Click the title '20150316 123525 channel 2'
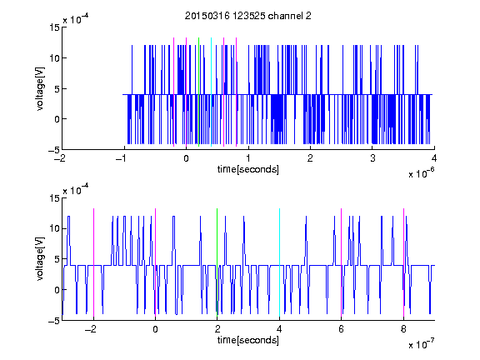click(x=248, y=16)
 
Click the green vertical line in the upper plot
click(x=198, y=92)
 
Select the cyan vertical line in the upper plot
click(x=211, y=92)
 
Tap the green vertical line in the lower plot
click(x=217, y=262)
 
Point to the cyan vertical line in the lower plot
click(x=279, y=262)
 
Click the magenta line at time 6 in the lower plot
click(x=342, y=262)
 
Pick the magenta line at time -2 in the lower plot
click(x=93, y=262)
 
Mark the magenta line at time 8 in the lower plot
click(x=404, y=262)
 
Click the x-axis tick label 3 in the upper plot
click(x=372, y=158)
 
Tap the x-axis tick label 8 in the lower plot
click(x=403, y=329)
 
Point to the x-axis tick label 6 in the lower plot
click(x=342, y=329)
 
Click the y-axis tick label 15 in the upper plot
click(x=54, y=27)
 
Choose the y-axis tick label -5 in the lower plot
click(x=54, y=321)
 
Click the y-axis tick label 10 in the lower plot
click(x=54, y=228)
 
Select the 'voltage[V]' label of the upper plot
click(x=40, y=89)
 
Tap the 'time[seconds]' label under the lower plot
click(x=248, y=340)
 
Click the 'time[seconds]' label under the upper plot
click(x=248, y=169)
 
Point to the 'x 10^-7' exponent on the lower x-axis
click(x=422, y=344)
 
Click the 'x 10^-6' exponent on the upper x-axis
click(x=422, y=173)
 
